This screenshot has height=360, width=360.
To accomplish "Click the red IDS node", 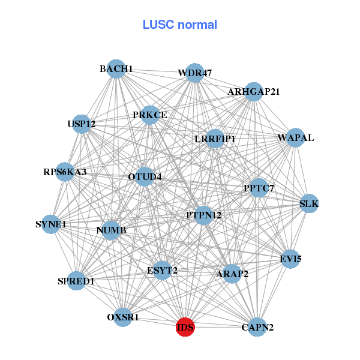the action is [x=185, y=327].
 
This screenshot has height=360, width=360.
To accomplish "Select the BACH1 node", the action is [x=116, y=69].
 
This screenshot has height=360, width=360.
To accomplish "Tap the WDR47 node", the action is [x=194, y=73].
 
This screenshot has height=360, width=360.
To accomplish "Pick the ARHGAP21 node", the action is [x=254, y=92].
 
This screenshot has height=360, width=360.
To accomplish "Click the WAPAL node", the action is [x=296, y=138].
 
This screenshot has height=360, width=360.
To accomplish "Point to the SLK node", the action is [x=309, y=204].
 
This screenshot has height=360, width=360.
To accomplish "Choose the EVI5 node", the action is [x=290, y=259].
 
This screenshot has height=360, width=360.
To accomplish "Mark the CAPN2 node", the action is [x=257, y=327].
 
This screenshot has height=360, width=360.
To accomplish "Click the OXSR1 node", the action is [x=123, y=317].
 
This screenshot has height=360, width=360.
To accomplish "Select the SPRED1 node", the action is [x=76, y=281].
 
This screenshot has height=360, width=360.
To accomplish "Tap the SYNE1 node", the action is [x=51, y=224].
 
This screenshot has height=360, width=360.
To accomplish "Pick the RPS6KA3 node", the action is [x=65, y=172].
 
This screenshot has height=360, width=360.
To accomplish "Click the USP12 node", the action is [x=82, y=124].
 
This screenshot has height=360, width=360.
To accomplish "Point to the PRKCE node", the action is [x=150, y=115].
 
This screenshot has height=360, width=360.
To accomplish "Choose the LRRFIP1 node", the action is [x=215, y=139].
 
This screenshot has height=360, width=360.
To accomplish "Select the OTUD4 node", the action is [x=145, y=176].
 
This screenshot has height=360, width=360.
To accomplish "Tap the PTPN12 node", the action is [x=203, y=215].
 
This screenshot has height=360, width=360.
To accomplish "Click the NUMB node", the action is [x=110, y=230].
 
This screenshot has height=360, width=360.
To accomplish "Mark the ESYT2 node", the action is [x=162, y=270].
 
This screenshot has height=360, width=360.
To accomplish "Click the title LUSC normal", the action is [x=180, y=25].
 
